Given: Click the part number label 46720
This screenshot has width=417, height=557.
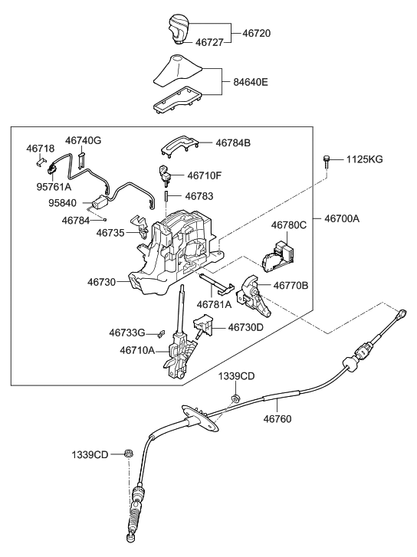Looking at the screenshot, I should [x=258, y=34].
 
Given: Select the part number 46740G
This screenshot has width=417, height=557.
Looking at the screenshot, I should [x=84, y=140].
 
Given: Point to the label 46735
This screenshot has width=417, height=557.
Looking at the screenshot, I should [x=112, y=231].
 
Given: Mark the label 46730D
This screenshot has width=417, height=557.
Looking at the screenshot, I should [x=245, y=327].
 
